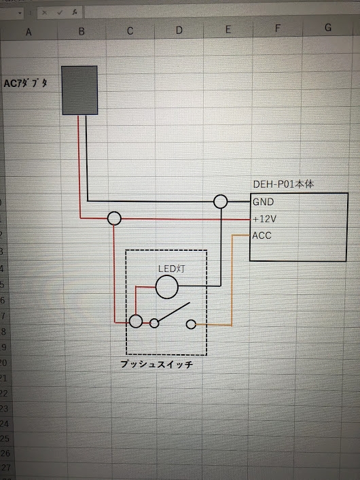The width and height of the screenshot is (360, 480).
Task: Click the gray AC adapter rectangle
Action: coord(79,90)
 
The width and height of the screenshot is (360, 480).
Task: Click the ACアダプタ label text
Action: coord(25,83)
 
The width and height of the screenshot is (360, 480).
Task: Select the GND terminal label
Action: coord(263,202)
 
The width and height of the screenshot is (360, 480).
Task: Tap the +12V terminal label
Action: coord(265,219)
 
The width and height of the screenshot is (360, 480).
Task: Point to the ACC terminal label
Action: coord(262,235)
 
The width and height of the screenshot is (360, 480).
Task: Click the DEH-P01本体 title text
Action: coord(283,184)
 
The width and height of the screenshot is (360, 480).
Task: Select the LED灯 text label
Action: coord(171,269)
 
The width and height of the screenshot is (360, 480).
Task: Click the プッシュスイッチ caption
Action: coord(157,364)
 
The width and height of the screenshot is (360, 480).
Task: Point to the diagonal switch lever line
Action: coord(174,312)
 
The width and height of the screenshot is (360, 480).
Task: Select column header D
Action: coord(179,30)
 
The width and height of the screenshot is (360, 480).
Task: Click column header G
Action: coord(328,28)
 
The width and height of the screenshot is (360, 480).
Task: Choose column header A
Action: coord(29,32)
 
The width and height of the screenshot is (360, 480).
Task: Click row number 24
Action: coord(4,424)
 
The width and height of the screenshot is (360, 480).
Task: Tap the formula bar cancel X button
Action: coord(45,13)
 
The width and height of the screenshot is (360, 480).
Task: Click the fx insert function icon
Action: coord(75,12)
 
